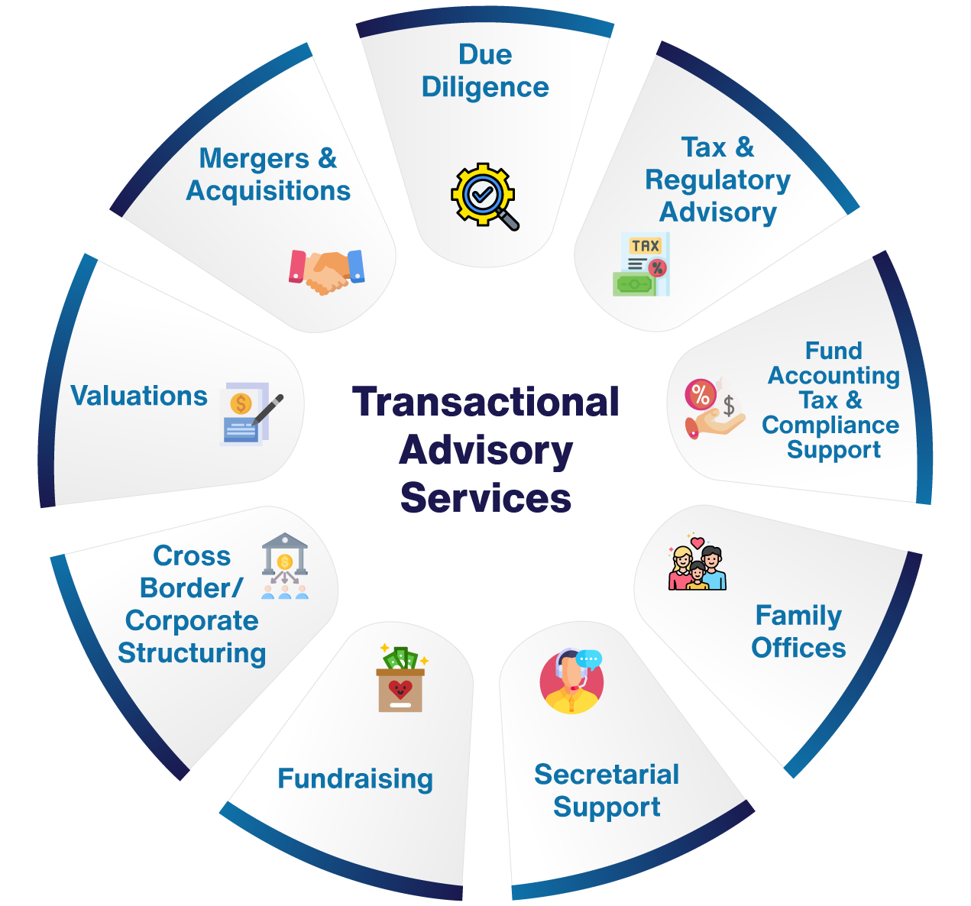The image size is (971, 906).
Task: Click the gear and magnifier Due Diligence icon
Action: pyautogui.click(x=484, y=196)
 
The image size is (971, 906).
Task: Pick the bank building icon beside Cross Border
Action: pyautogui.click(x=285, y=565)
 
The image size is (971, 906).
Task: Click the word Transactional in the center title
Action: pyautogui.click(x=486, y=402)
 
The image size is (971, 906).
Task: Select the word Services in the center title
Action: pyautogui.click(x=486, y=498)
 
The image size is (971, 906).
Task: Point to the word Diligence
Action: pyautogui.click(x=485, y=87)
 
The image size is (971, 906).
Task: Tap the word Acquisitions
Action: pyautogui.click(x=268, y=190)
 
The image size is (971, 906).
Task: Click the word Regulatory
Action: pyautogui.click(x=717, y=180)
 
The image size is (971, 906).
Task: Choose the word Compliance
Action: pyautogui.click(x=830, y=425)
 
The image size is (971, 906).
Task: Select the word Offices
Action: pyautogui.click(x=798, y=648)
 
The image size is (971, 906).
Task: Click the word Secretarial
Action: pyautogui.click(x=607, y=775)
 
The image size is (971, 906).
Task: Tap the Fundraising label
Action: pyautogui.click(x=355, y=778)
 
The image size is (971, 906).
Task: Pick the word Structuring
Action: pyautogui.click(x=192, y=653)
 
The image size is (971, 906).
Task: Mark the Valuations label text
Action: pyautogui.click(x=139, y=396)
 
